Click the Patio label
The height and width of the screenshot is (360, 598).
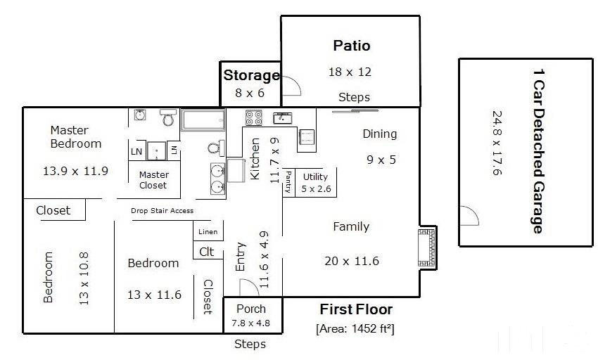(352, 46)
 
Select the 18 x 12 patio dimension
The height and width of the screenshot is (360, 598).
(350, 72)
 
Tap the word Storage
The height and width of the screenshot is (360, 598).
(252, 75)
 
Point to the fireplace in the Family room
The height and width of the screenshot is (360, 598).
(427, 248)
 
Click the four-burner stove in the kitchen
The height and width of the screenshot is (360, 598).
(253, 117)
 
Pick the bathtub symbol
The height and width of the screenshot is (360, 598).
(203, 120)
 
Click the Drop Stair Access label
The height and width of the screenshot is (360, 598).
(162, 210)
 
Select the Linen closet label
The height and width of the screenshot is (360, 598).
(208, 232)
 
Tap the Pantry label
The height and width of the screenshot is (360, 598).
(288, 181)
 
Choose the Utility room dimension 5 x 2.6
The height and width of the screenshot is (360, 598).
(316, 188)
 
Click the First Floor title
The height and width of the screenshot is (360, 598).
(356, 309)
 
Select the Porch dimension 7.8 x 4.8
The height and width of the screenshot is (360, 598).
(250, 323)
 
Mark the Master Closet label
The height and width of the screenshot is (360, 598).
(153, 180)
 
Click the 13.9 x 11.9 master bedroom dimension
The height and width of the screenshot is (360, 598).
(75, 171)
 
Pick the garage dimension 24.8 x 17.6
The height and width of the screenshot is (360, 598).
(497, 143)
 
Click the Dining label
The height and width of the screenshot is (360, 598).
(379, 134)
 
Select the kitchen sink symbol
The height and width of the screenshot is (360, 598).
(283, 118)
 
